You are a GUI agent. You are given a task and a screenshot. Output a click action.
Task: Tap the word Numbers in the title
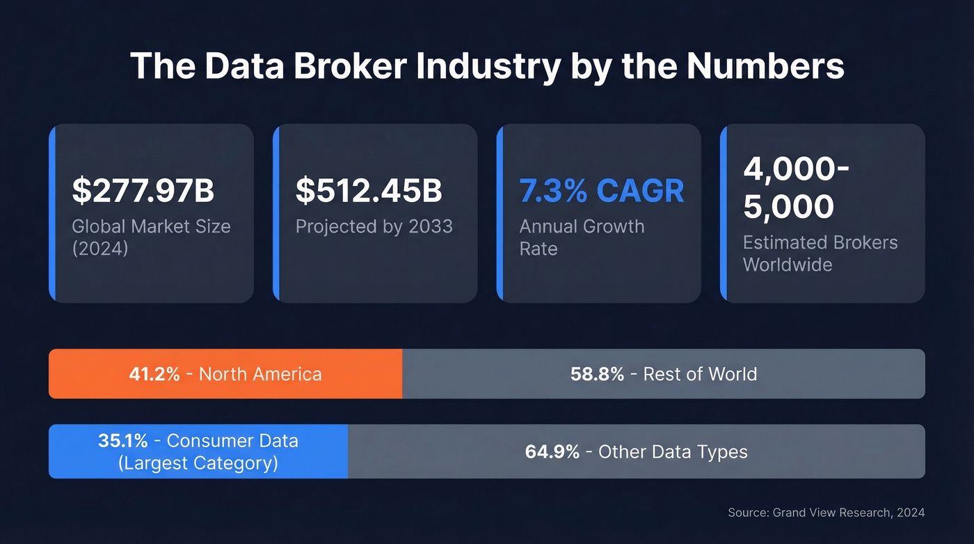pos(765,65)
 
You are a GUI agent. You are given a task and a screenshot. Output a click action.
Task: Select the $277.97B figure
pos(143,191)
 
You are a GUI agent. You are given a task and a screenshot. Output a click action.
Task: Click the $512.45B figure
pos(369,191)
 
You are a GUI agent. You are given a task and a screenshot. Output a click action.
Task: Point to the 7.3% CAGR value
pos(602,191)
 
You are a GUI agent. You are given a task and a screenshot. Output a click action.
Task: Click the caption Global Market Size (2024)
pos(151,237)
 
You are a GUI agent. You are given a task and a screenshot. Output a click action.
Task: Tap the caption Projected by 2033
pos(374,226)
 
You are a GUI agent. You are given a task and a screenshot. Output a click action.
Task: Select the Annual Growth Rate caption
pos(582,237)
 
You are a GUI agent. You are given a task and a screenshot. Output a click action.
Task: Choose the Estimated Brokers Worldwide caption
pos(820,253)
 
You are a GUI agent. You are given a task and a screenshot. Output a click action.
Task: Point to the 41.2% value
pos(154,374)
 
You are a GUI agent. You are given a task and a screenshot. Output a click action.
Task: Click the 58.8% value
pos(597,374)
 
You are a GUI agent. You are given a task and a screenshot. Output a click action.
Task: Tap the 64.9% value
pos(552,451)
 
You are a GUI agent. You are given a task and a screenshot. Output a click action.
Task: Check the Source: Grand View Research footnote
pos(826,513)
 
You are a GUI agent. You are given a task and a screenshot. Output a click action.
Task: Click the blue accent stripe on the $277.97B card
pos(52,213)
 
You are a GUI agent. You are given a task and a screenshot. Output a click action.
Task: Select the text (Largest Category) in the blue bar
pos(198,463)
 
